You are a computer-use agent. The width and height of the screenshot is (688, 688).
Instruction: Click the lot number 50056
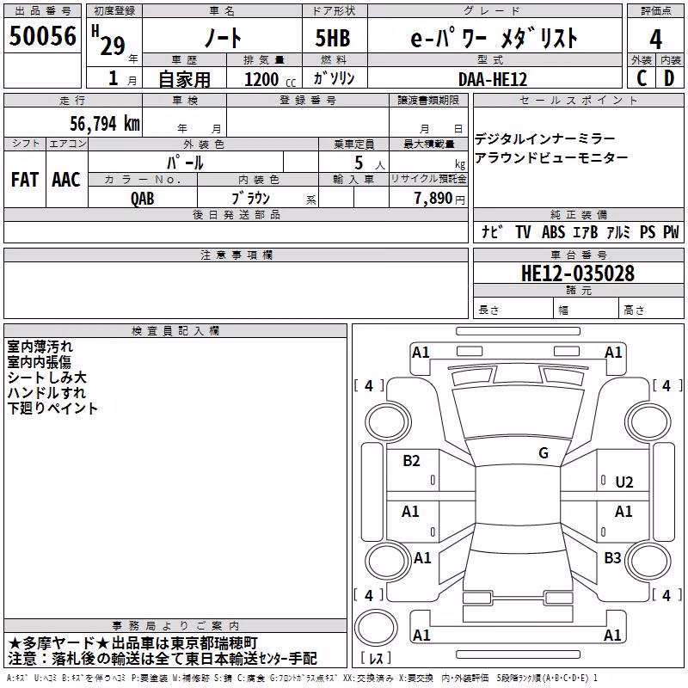[42, 35]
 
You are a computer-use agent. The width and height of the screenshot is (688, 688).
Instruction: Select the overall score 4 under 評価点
[655, 40]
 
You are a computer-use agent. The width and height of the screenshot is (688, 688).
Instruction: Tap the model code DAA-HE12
[493, 79]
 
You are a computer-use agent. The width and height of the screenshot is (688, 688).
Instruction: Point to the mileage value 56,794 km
[105, 123]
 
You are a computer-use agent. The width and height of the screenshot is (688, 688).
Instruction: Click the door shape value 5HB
[333, 38]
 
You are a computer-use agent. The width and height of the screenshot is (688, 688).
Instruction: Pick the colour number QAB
[142, 199]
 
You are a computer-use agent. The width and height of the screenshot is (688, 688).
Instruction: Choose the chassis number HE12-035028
[578, 273]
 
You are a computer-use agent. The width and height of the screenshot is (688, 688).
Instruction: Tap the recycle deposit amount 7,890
[433, 198]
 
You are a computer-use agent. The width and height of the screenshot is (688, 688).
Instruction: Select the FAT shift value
[25, 180]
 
